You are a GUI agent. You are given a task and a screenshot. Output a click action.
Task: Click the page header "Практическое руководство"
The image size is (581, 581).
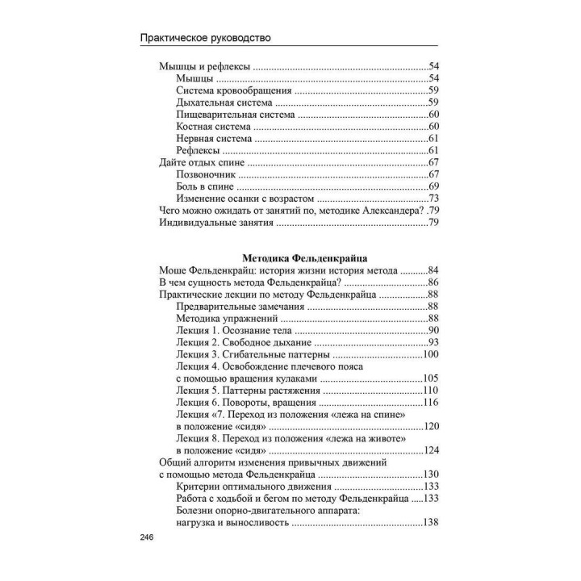[x=205, y=37]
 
